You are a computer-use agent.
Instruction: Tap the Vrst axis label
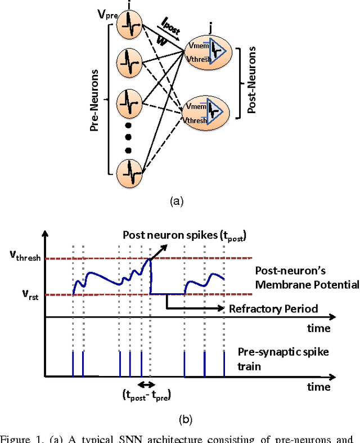[20, 294]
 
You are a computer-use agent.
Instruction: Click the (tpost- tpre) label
[148, 395]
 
